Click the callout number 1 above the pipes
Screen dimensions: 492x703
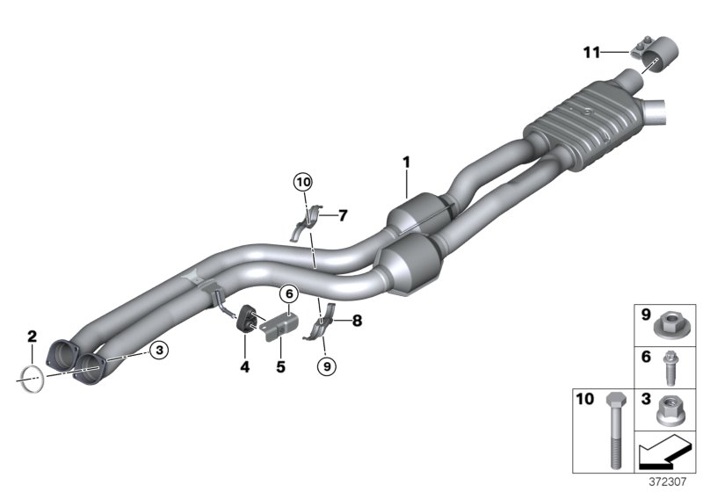click(406, 162)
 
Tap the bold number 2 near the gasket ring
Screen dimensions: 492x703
click(32, 336)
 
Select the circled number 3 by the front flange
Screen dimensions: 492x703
click(158, 351)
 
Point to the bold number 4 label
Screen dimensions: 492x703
click(245, 367)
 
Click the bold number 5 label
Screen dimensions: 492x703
click(281, 367)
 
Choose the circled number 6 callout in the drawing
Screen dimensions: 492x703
click(287, 294)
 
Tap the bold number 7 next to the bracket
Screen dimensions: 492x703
click(343, 214)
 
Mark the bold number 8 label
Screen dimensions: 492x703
click(357, 322)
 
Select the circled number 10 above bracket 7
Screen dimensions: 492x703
click(302, 182)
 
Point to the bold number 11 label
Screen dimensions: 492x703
click(592, 53)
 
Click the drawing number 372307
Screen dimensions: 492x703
click(675, 482)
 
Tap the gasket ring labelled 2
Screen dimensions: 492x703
click(31, 380)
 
